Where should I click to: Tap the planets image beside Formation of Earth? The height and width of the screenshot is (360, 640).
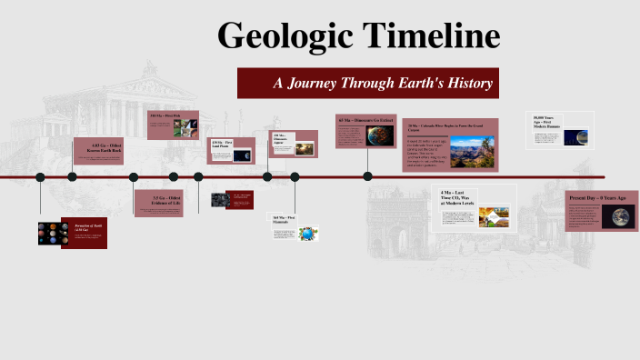(49, 234)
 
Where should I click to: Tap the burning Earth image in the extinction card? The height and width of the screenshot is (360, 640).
(380, 136)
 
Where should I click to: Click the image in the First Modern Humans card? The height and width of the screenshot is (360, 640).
(575, 137)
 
